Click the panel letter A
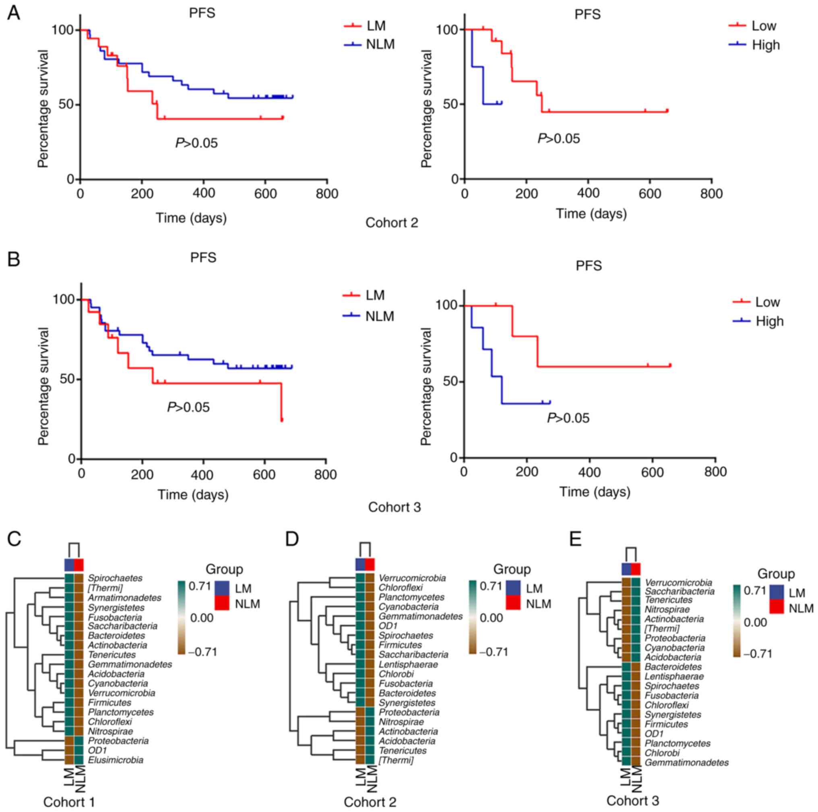14,14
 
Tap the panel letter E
576,540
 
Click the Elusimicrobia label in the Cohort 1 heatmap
116,760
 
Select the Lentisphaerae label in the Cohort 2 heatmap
408,664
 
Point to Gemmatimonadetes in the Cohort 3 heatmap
686,763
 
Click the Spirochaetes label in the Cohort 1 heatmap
115,578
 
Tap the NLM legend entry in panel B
379,317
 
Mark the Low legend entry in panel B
767,302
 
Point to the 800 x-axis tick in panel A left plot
327,194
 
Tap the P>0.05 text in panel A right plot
558,138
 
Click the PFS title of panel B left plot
203,257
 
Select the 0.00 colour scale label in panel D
491,618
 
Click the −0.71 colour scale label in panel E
758,654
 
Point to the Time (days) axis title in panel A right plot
591,214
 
